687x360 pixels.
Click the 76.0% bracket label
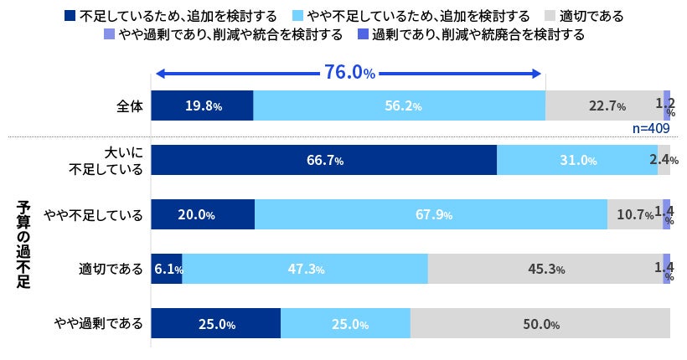point(349,73)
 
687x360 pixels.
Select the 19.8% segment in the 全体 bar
point(202,106)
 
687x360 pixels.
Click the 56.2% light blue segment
point(400,106)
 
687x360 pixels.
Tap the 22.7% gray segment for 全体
point(604,106)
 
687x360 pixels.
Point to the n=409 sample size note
point(650,129)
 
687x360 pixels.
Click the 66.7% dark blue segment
point(323,161)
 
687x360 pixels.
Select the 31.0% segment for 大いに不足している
point(577,161)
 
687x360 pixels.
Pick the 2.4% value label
point(664,161)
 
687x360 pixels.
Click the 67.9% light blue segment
point(431,215)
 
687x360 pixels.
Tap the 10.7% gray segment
point(634,215)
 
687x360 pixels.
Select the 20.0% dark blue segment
point(202,215)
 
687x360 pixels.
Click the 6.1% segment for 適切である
point(167,270)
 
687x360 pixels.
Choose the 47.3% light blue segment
point(305,270)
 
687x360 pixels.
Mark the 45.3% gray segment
point(545,270)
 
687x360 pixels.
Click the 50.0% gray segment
point(540,324)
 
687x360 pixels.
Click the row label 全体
point(131,106)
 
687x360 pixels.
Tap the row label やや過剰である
point(99,324)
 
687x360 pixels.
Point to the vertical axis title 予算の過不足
point(23,243)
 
